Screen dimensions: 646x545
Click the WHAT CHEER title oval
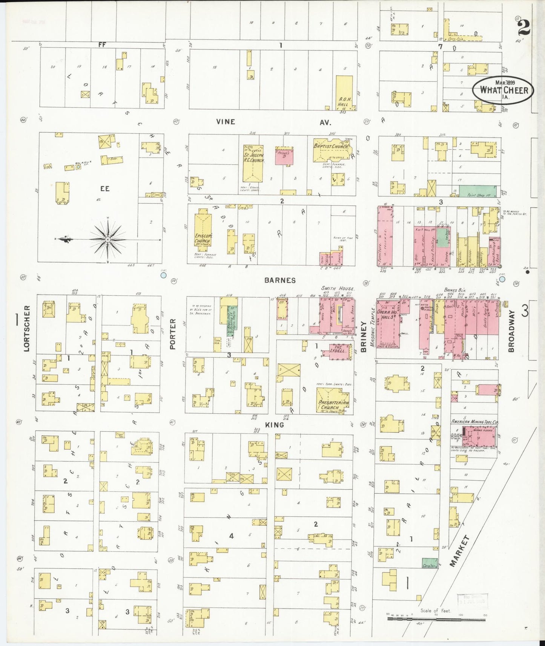point(503,90)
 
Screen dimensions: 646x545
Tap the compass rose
point(108,239)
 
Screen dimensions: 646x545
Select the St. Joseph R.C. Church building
point(253,163)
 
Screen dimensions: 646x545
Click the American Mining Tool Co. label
point(475,422)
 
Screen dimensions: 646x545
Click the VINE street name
point(226,122)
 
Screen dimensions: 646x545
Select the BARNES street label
point(279,280)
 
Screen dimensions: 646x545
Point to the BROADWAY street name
point(511,331)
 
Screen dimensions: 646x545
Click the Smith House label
point(338,288)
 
